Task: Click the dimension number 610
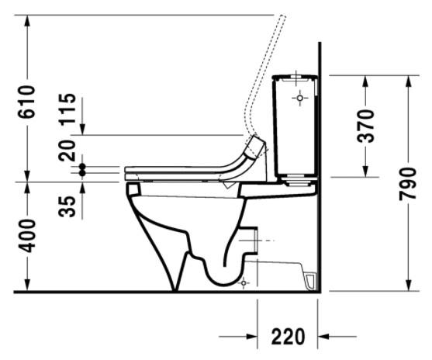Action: tap(26, 101)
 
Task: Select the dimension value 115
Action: tap(68, 109)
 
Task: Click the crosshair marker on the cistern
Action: tap(299, 99)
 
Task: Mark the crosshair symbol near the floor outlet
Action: tap(244, 283)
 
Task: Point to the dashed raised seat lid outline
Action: tap(264, 78)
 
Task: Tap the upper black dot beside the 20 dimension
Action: tap(83, 166)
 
